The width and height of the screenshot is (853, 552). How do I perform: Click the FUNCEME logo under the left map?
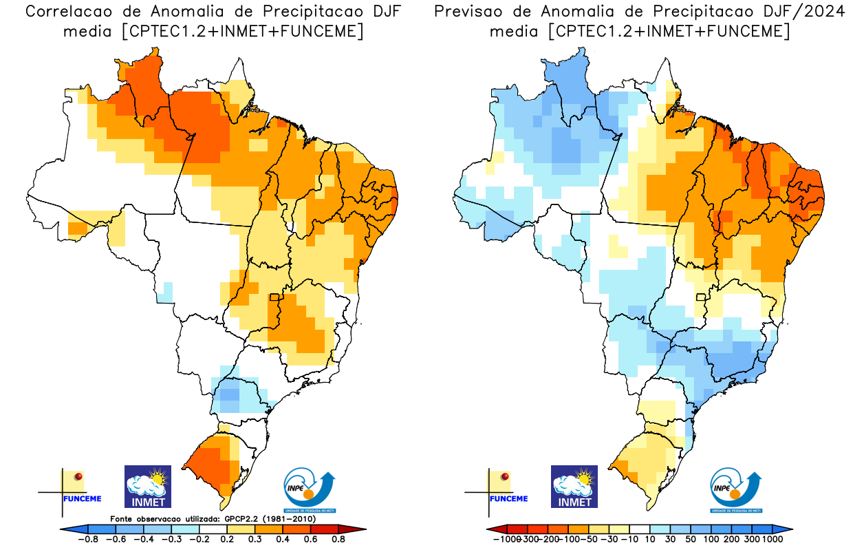pyautogui.click(x=72, y=489)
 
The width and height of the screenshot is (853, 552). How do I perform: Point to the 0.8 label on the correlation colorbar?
pyautogui.click(x=338, y=539)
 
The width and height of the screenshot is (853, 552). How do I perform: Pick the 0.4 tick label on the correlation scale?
pyautogui.click(x=282, y=539)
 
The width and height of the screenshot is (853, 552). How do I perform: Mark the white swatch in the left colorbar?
pyautogui.click(x=213, y=529)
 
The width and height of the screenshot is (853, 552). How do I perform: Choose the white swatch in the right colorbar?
pyautogui.click(x=640, y=529)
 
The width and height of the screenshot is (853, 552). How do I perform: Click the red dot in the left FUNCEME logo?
pyautogui.click(x=78, y=476)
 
